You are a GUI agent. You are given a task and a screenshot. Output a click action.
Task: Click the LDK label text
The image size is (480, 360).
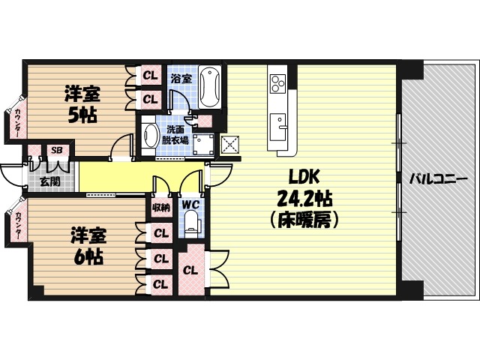click(x=305, y=177)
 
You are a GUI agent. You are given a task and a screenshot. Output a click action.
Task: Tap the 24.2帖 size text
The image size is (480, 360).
click(x=305, y=199)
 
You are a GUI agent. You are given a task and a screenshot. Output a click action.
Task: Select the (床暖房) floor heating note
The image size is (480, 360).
click(x=305, y=220)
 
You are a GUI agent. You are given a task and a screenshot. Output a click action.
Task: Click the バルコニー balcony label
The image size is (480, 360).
click(x=439, y=179)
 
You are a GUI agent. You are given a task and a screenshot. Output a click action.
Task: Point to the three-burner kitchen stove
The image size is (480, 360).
click(x=277, y=81)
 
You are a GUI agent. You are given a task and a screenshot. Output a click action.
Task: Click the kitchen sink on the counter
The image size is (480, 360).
click(x=279, y=121)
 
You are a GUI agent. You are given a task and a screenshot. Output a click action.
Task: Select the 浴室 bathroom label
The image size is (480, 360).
click(x=180, y=77)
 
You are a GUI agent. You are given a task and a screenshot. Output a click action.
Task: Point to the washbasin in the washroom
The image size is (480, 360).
click(x=151, y=138)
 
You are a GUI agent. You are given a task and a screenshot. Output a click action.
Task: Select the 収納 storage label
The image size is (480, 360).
click(x=160, y=207)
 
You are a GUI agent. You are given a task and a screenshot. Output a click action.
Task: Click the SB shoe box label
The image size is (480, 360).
click(x=55, y=150)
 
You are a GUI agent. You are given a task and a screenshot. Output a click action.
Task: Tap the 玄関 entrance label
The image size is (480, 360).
click(x=49, y=181)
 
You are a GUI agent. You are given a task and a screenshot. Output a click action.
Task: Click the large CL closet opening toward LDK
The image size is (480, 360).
click(x=190, y=270)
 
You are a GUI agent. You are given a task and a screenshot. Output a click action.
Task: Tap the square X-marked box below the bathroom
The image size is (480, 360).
click(x=230, y=144)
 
